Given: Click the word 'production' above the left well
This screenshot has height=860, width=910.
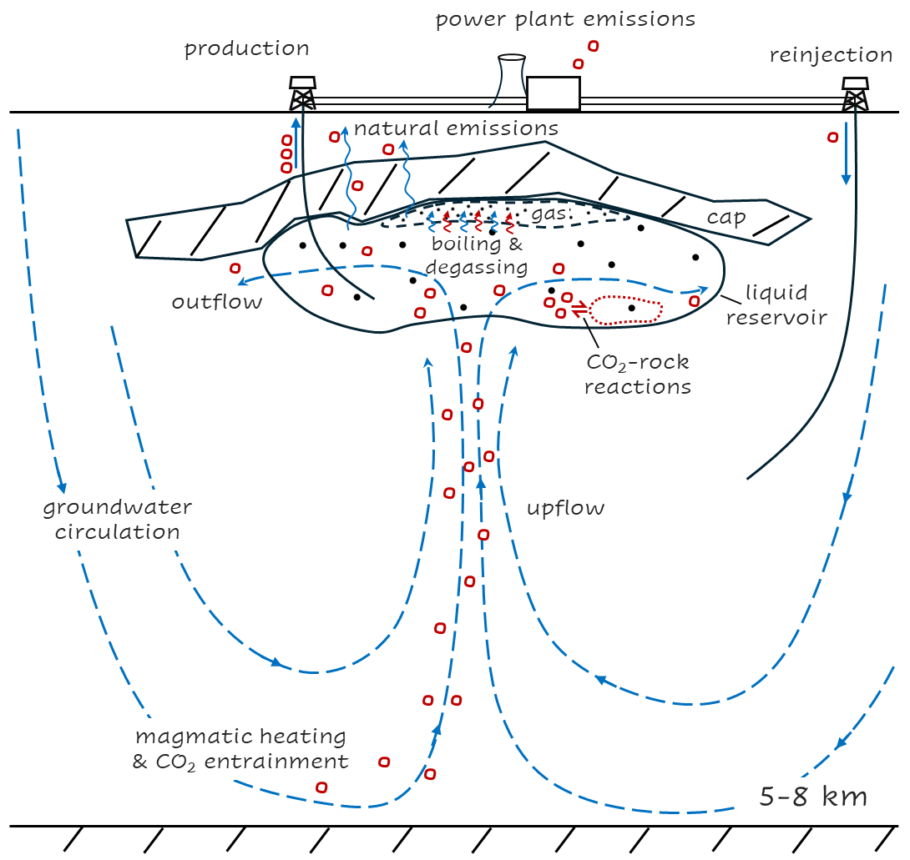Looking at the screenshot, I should tap(246, 48).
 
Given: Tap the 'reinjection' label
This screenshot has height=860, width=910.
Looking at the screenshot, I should tap(832, 56).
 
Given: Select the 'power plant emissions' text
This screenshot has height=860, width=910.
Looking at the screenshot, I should tap(565, 18).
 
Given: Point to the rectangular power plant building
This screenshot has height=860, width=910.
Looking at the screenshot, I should tap(553, 93).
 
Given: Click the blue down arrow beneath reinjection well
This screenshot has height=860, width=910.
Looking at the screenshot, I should tap(847, 154).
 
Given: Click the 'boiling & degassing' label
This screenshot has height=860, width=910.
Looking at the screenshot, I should tap(478, 255).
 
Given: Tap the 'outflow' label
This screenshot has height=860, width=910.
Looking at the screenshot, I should tap(217, 301).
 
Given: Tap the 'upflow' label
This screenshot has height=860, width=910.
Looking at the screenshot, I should tap(565, 508).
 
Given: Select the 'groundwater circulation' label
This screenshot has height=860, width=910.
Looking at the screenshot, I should tap(117, 519).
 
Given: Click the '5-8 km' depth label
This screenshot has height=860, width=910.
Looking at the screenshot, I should tap(813, 796).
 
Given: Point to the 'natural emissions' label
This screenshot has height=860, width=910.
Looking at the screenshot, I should tap(456, 129).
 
